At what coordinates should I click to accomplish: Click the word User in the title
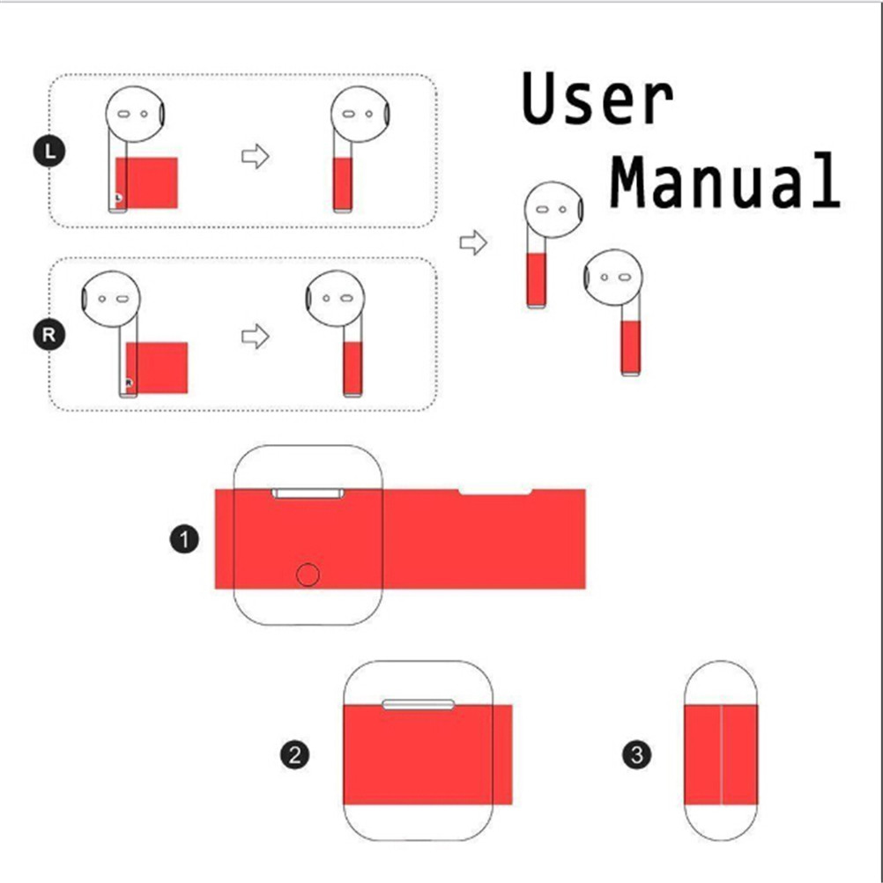[597, 100]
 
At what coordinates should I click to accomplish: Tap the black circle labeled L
[49, 152]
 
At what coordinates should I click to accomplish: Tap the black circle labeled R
[49, 334]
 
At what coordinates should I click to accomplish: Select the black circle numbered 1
[183, 538]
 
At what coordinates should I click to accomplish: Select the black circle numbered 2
[295, 754]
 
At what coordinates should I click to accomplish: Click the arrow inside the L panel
[255, 157]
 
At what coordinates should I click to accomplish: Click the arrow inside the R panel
[255, 336]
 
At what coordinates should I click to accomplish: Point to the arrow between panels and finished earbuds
[473, 242]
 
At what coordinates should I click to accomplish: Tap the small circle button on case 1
[308, 575]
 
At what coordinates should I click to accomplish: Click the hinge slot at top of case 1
[308, 493]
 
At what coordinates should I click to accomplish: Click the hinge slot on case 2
[419, 703]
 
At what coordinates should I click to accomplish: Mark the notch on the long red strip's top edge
[495, 492]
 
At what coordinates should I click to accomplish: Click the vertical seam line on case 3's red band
[722, 754]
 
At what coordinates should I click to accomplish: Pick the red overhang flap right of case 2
[501, 754]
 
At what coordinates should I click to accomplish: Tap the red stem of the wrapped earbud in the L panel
[344, 183]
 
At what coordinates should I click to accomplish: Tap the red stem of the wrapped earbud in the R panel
[352, 367]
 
